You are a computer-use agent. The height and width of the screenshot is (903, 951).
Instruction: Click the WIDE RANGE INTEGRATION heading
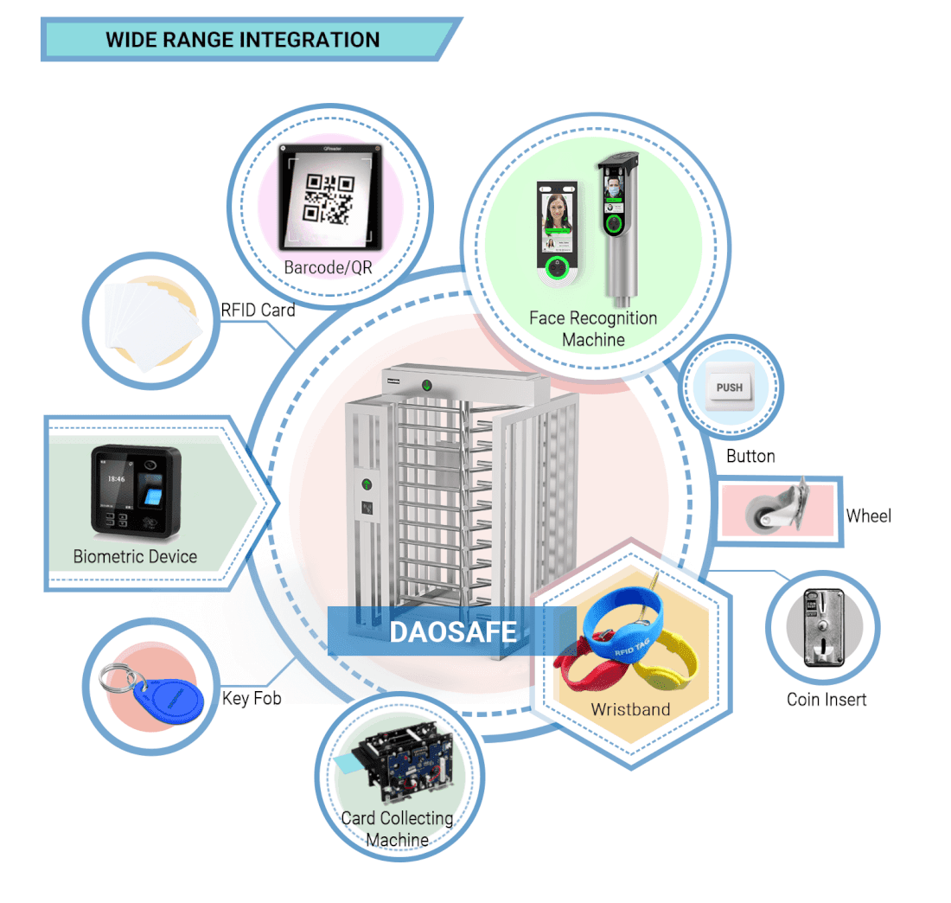tap(242, 40)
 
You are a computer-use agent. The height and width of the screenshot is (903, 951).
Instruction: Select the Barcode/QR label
tap(328, 267)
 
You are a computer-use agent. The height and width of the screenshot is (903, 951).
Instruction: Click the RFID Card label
tap(258, 310)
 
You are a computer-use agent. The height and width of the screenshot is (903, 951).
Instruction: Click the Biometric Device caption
tap(135, 556)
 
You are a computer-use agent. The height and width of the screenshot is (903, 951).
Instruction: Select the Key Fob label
tap(252, 698)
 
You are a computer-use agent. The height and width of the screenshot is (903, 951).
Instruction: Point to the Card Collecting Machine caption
tap(397, 829)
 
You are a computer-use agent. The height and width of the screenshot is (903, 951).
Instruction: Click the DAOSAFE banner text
tap(453, 631)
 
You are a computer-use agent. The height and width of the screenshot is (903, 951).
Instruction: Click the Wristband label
tap(630, 709)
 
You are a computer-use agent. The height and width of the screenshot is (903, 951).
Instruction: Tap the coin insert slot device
tap(822, 628)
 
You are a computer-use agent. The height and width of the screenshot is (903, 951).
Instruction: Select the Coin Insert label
tap(826, 700)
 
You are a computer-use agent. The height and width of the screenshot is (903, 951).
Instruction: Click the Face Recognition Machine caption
tap(593, 329)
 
